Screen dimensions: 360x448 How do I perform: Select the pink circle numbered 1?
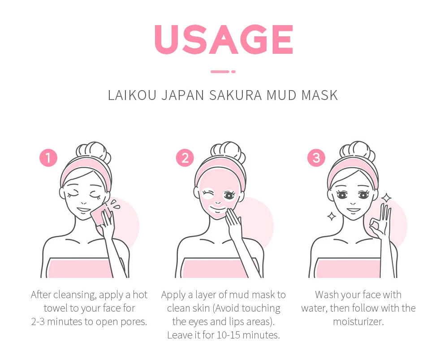48,158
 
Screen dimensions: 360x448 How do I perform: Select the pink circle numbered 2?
185,158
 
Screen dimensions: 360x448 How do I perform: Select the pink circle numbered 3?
316,158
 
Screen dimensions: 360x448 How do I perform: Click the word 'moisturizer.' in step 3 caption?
358,322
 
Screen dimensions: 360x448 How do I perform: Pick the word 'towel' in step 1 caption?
56,308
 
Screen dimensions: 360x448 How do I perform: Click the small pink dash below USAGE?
223,71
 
